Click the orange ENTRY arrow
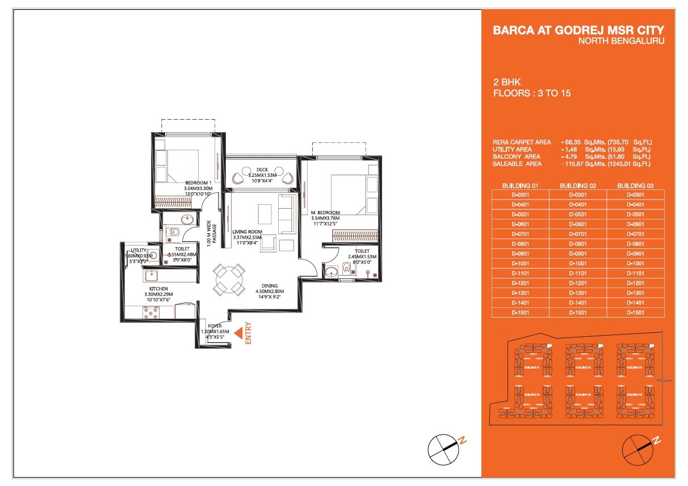point(241,331)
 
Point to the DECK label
point(261,169)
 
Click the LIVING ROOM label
point(247,231)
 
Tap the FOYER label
point(215,326)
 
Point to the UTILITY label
point(139,250)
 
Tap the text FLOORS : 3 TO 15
point(532,93)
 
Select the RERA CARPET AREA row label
point(522,142)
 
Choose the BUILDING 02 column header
point(578,185)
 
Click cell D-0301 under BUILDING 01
point(520,195)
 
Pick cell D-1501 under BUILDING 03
point(635,312)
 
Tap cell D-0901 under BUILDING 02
point(578,253)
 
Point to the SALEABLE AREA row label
point(518,164)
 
